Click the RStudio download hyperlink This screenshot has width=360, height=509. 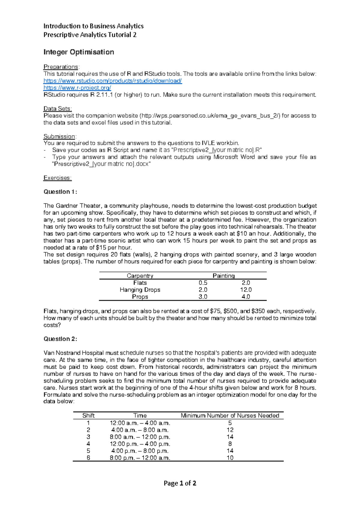(x=112, y=81)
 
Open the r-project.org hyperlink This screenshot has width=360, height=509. (x=77, y=88)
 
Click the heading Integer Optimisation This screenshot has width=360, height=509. (x=79, y=52)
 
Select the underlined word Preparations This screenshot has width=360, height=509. (x=61, y=67)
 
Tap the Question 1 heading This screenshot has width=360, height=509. (x=60, y=192)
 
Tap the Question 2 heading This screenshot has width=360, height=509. (x=60, y=339)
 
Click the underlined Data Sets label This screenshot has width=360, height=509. (x=58, y=109)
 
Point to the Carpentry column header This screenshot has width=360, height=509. (x=140, y=276)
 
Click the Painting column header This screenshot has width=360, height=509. (x=223, y=276)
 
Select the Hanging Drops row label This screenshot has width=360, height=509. (x=140, y=290)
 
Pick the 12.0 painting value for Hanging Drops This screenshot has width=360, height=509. (x=246, y=290)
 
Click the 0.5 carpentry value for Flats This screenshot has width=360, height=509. (x=203, y=283)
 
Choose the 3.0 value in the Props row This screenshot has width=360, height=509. (x=203, y=297)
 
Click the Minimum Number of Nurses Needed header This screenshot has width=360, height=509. (x=230, y=416)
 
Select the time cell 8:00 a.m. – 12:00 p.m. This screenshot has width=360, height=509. (x=140, y=437)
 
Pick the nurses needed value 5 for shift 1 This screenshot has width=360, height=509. (x=230, y=423)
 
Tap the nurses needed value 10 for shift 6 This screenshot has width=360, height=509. (x=230, y=458)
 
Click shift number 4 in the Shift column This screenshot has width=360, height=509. (x=88, y=444)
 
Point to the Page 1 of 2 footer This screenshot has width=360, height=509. (x=180, y=483)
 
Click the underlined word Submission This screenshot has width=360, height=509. (x=59, y=136)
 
